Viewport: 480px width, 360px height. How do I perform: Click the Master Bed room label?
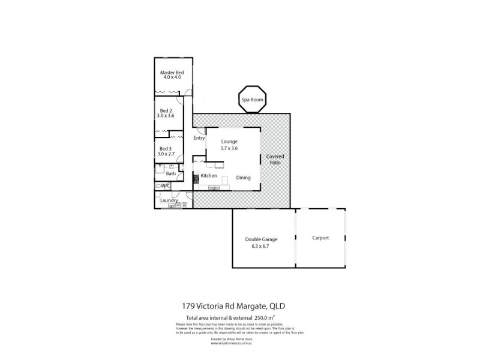click(x=172, y=73)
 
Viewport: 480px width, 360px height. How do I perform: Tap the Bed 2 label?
click(x=164, y=110)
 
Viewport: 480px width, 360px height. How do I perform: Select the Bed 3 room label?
click(x=164, y=149)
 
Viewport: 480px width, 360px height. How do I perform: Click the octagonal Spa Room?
click(x=252, y=100)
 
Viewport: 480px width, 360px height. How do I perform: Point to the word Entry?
click(x=199, y=138)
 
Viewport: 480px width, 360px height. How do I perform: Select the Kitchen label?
click(x=208, y=176)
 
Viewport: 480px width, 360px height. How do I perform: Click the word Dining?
click(x=243, y=178)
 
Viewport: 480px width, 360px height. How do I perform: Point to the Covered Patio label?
click(x=275, y=160)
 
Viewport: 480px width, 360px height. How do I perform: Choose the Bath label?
click(x=171, y=174)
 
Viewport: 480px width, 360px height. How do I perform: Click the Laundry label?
click(x=169, y=200)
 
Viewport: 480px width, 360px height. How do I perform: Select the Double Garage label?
click(x=261, y=239)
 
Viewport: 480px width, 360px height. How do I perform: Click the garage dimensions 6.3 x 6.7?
click(x=261, y=245)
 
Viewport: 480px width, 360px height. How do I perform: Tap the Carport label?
click(x=320, y=238)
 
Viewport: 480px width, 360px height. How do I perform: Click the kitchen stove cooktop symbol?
click(x=196, y=178)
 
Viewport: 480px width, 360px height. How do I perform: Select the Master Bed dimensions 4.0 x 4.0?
click(x=172, y=78)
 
